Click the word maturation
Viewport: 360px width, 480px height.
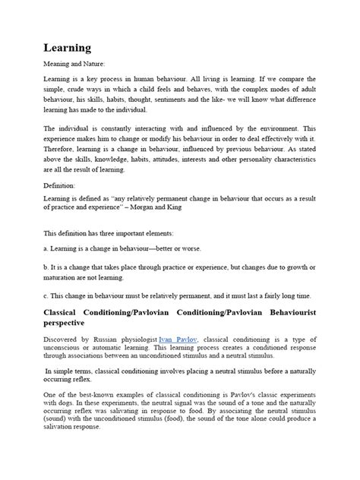tap(61, 277)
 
